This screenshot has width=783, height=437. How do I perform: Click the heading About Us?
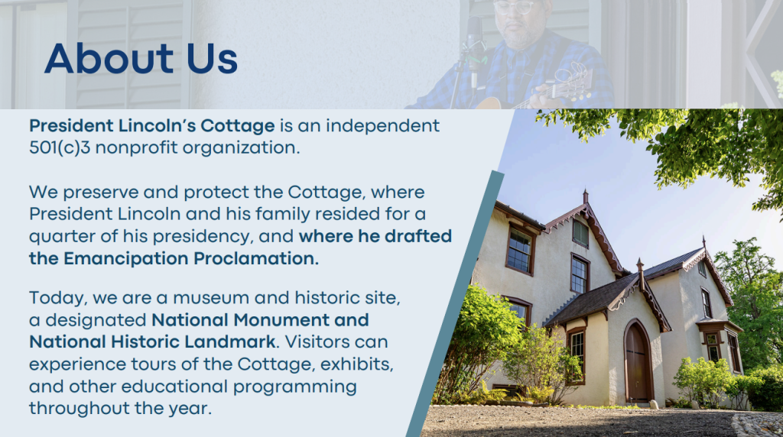[x=141, y=58]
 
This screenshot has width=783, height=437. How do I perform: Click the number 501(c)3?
[x=60, y=147]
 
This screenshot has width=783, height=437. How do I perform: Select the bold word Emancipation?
[x=126, y=259]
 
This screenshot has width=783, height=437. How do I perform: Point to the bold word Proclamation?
[x=256, y=258]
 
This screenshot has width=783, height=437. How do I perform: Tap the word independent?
[x=383, y=126]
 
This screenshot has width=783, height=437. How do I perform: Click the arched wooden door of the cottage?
[x=637, y=362]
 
